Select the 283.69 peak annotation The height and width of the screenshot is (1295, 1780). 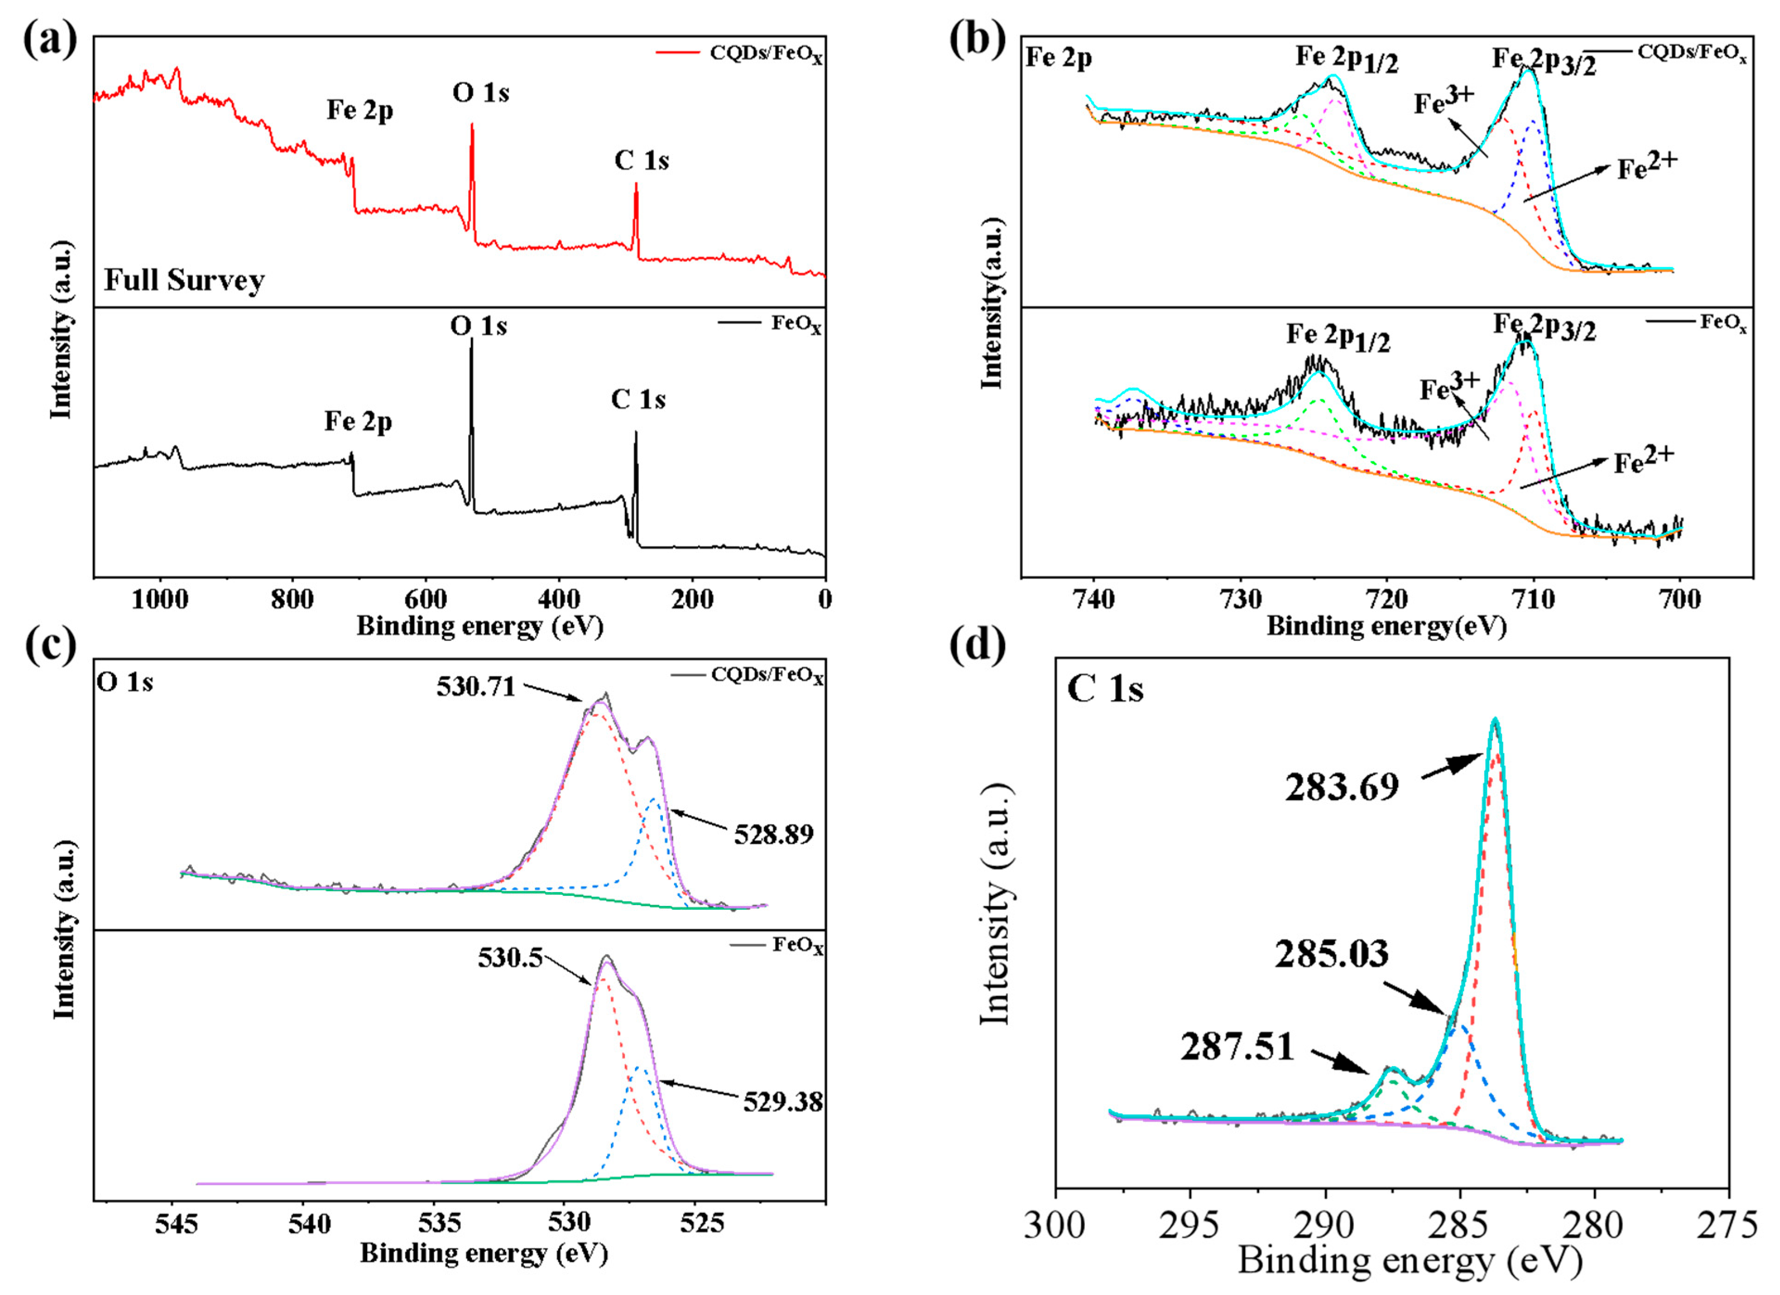tap(1341, 785)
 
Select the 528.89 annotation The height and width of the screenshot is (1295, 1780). tap(773, 834)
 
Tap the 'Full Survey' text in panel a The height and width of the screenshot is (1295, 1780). tap(184, 280)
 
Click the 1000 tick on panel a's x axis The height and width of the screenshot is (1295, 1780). tap(159, 600)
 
